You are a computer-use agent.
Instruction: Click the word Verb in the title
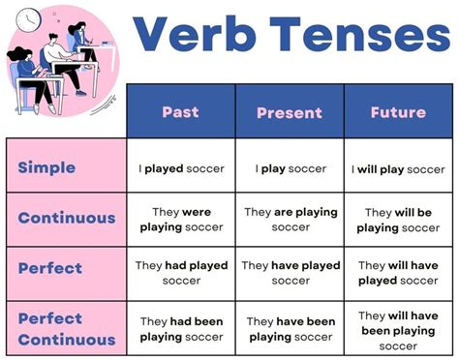pyautogui.click(x=198, y=36)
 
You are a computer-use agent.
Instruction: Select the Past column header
pyautogui.click(x=180, y=112)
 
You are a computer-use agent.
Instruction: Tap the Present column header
pyautogui.click(x=290, y=112)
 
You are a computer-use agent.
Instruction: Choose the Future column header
pyautogui.click(x=399, y=112)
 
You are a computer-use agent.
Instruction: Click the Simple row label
pyautogui.click(x=46, y=167)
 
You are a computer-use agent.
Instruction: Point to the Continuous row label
pyautogui.click(x=66, y=219)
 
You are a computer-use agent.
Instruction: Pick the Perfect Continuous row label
pyautogui.click(x=66, y=329)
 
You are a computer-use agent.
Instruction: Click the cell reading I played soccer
pyautogui.click(x=180, y=168)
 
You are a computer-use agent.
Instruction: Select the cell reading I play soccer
pyautogui.click(x=290, y=168)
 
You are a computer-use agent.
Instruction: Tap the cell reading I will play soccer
pyautogui.click(x=399, y=168)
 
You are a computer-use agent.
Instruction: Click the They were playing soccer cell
pyautogui.click(x=180, y=219)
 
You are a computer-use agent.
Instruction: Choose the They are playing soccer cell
pyautogui.click(x=290, y=219)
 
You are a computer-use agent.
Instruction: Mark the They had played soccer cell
pyautogui.click(x=180, y=273)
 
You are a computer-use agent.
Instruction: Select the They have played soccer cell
pyautogui.click(x=290, y=273)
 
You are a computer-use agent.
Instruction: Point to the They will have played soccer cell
pyautogui.click(x=399, y=273)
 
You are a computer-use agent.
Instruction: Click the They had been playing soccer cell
pyautogui.click(x=180, y=329)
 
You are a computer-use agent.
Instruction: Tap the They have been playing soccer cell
pyautogui.click(x=290, y=329)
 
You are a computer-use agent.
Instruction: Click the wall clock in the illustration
pyautogui.click(x=28, y=16)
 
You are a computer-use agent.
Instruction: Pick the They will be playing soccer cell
pyautogui.click(x=399, y=219)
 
